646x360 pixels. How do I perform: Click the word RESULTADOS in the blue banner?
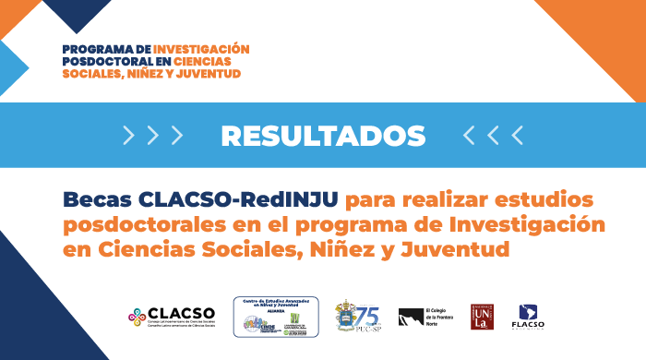pos(323,136)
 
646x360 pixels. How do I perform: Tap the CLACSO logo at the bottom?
pos(173,316)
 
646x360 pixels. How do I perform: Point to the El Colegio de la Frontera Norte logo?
pos(421,317)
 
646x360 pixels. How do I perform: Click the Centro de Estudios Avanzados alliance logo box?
pos(275,316)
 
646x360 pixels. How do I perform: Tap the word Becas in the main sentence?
pos(97,199)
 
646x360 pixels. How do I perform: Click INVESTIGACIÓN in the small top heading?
pos(201,48)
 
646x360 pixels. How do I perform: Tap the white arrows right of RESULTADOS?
pos(493,136)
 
